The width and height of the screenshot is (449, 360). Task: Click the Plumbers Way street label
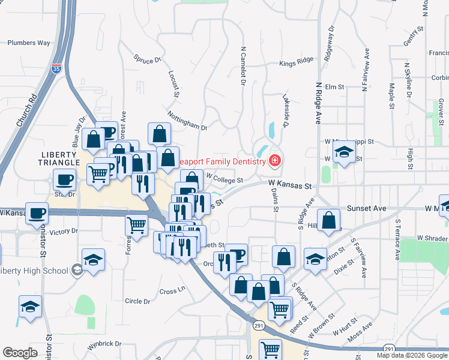tap(28, 43)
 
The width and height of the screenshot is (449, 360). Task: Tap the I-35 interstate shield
tap(57, 69)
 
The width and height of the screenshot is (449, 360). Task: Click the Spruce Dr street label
tap(148, 59)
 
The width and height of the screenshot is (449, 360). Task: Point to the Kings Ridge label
tap(296, 62)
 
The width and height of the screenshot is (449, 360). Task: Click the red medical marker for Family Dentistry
tap(275, 161)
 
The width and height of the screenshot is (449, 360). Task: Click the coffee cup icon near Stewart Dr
tap(65, 179)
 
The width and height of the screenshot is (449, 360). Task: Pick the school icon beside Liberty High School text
tap(77, 270)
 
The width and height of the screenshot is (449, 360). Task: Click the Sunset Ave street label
tap(366, 208)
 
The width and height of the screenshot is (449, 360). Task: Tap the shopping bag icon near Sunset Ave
tap(329, 220)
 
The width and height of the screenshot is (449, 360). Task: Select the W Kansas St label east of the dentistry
tap(291, 187)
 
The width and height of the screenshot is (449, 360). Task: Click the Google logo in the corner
tap(20, 352)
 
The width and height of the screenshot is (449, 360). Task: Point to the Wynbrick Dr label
tap(104, 345)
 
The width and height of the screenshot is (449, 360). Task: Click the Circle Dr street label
tap(137, 301)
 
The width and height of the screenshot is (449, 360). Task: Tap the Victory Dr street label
tap(64, 231)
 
